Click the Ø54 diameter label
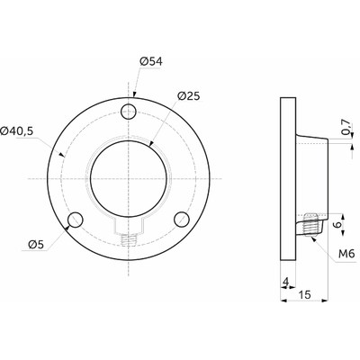(x=151, y=61)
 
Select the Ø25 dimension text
(x=188, y=95)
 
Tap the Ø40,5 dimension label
(x=17, y=131)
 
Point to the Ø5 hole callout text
(x=36, y=245)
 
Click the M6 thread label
(x=346, y=254)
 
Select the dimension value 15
(x=305, y=294)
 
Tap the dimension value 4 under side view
(x=286, y=282)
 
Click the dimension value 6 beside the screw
(x=337, y=225)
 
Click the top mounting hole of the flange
(x=129, y=112)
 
